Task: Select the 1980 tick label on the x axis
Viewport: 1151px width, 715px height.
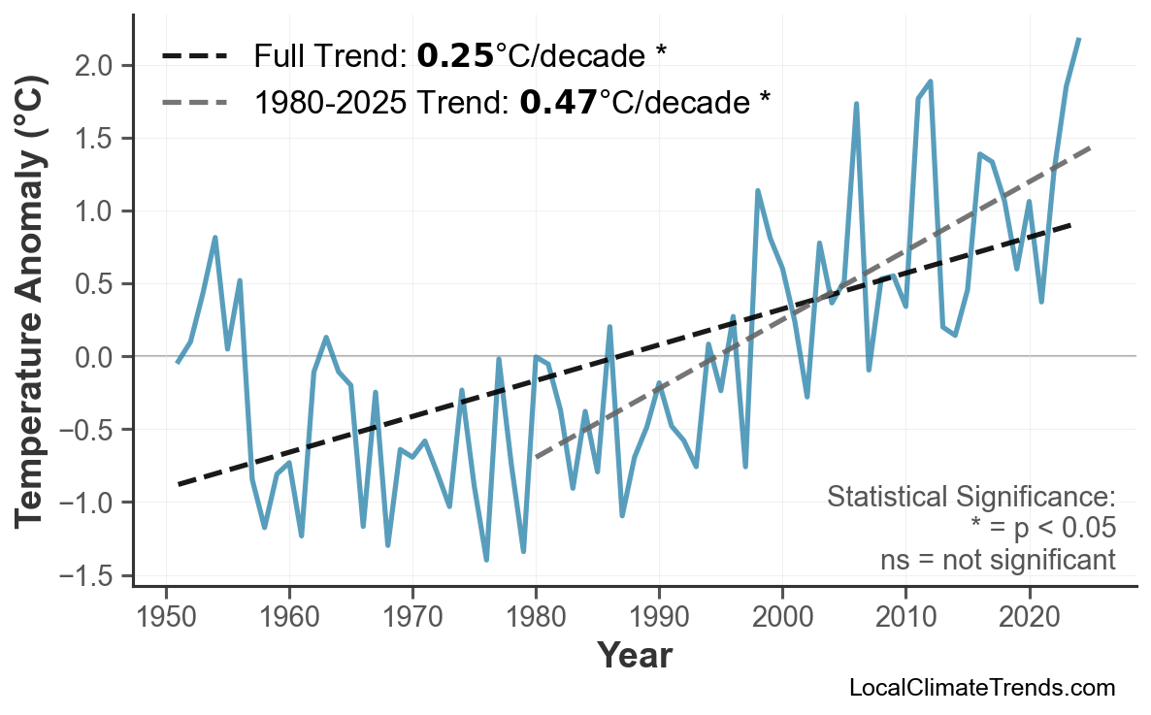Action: (x=536, y=617)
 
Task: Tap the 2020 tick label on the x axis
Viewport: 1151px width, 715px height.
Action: (x=1029, y=617)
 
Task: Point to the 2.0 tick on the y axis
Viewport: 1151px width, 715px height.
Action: (x=101, y=66)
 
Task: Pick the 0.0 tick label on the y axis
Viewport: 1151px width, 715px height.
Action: (x=101, y=357)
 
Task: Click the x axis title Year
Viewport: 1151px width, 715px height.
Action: (x=633, y=656)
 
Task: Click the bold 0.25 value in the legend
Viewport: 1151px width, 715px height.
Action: (x=455, y=56)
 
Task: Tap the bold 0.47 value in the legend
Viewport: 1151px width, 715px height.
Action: (x=558, y=101)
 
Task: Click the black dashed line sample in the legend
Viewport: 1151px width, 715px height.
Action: (x=194, y=56)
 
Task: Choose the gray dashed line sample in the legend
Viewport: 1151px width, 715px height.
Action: (x=194, y=101)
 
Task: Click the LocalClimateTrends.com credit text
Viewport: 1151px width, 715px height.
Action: (x=981, y=688)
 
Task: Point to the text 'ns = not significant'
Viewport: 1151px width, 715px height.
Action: (x=998, y=560)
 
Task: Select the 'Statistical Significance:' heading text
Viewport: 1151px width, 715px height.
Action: (x=970, y=498)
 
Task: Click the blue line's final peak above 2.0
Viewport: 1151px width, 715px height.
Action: (x=1079, y=39)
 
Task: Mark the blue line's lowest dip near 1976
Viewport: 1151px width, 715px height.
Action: (x=486, y=560)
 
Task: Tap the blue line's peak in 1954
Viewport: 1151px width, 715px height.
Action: (x=214, y=238)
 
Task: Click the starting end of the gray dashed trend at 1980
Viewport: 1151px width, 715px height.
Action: (x=537, y=457)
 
